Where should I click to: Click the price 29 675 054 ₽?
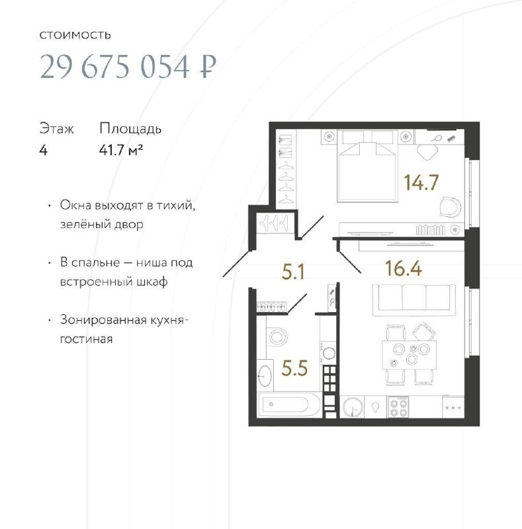click(x=128, y=67)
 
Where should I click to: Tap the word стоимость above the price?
click(x=75, y=35)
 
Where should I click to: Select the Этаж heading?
click(x=56, y=129)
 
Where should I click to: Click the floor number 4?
click(x=43, y=150)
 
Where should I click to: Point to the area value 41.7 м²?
click(x=121, y=150)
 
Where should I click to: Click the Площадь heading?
click(x=130, y=129)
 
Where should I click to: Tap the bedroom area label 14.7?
click(x=421, y=183)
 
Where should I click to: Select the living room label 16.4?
click(x=403, y=268)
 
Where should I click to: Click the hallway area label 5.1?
click(x=293, y=272)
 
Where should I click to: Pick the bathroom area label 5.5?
click(x=294, y=368)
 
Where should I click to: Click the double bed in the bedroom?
click(x=367, y=166)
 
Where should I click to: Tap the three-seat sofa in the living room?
click(x=413, y=300)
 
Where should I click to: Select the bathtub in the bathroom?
click(x=288, y=405)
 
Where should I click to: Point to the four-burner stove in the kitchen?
click(x=398, y=407)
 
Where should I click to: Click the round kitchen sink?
click(x=353, y=407)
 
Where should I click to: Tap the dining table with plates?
click(x=409, y=355)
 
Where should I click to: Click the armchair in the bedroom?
click(x=450, y=206)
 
